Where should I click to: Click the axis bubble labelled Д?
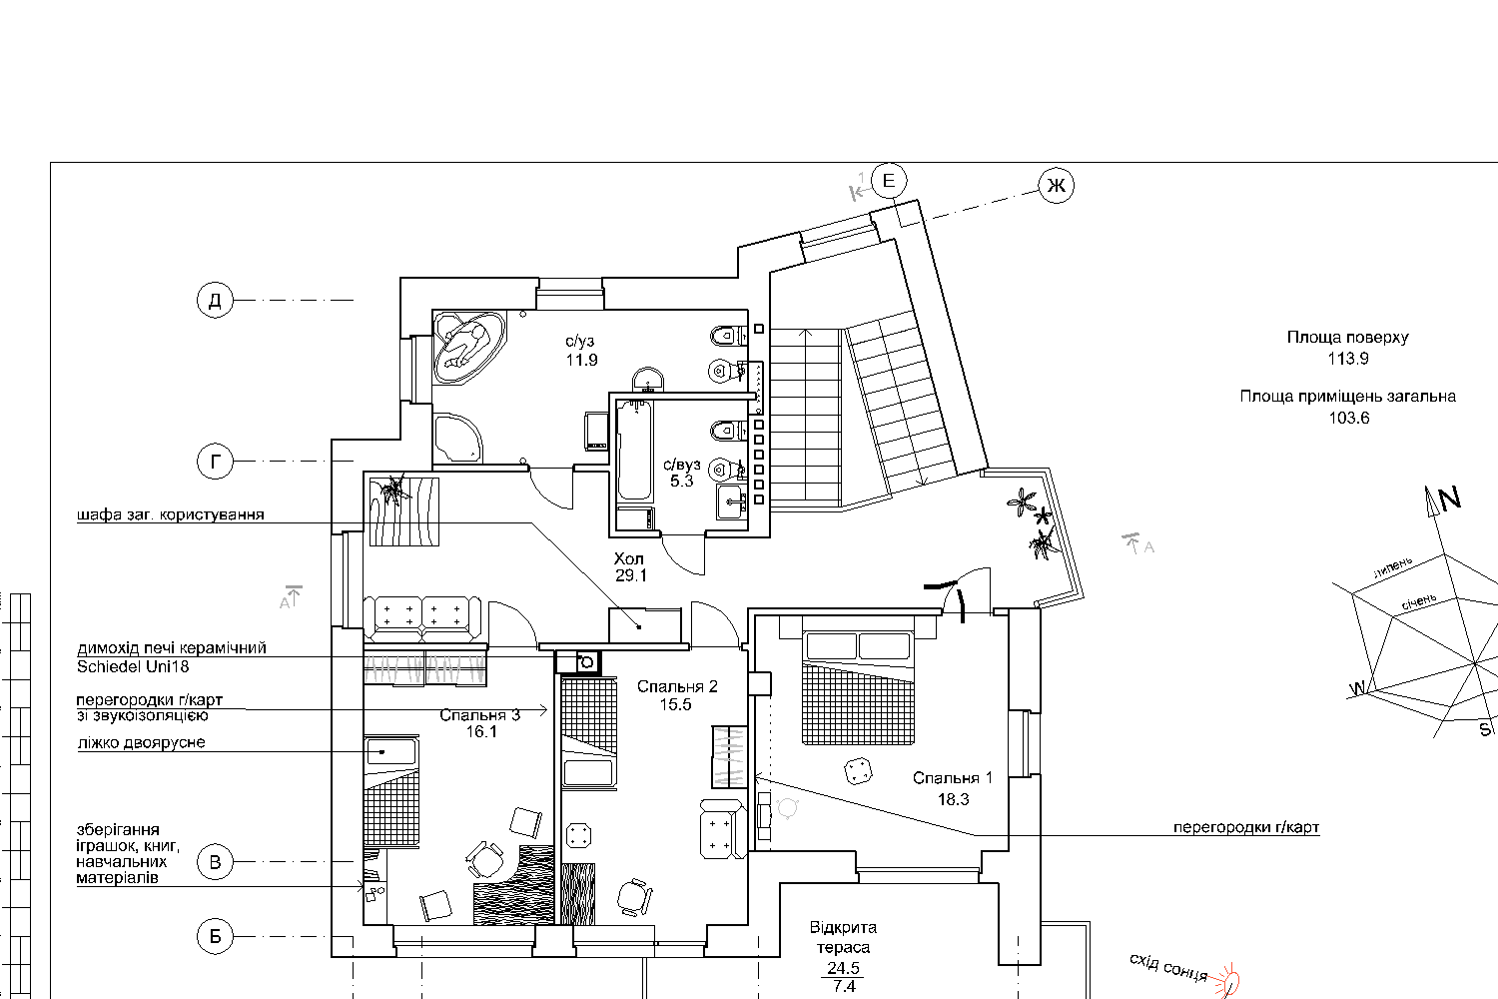(215, 300)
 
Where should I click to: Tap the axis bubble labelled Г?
(215, 461)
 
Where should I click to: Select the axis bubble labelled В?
(215, 862)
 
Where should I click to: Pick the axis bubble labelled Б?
(215, 935)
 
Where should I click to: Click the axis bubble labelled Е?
(889, 180)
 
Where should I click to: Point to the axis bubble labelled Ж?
(1056, 186)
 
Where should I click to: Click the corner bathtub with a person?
(468, 347)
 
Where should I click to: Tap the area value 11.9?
(582, 360)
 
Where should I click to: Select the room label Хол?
(628, 558)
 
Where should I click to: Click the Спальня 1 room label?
(953, 778)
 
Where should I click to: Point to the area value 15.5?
(675, 704)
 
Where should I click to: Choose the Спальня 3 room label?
(479, 715)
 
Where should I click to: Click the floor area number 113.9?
(1348, 359)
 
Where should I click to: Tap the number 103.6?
(1349, 419)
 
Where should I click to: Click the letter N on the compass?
(1449, 499)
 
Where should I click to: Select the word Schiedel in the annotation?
(106, 666)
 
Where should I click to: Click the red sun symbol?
(1227, 981)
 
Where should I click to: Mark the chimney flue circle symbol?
(586, 662)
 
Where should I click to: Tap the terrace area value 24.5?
(843, 968)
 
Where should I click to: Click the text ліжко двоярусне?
(141, 742)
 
